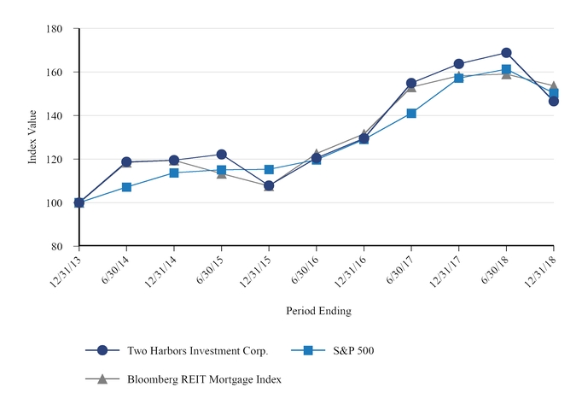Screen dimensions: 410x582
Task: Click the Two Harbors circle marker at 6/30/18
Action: [x=506, y=53]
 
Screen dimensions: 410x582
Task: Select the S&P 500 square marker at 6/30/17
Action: [x=411, y=113]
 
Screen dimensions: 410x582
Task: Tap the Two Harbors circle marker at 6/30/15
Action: [x=222, y=155]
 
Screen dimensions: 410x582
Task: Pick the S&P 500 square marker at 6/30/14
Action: [x=126, y=186]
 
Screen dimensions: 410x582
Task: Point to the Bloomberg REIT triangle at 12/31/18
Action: [x=554, y=86]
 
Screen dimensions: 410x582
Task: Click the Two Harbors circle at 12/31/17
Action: [x=459, y=64]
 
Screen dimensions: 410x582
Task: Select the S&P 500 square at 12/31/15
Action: [x=269, y=170]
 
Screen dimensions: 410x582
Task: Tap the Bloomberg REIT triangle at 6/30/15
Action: [x=222, y=173]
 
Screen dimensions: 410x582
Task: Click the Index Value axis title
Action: [x=32, y=138]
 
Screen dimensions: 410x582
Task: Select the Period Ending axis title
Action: [x=318, y=311]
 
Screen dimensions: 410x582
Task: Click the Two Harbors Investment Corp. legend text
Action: [x=197, y=350]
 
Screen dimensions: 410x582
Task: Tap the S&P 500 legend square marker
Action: [x=311, y=350]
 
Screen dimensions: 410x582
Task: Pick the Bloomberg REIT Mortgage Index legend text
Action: [x=204, y=379]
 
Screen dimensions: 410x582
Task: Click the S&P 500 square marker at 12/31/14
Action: [x=174, y=173]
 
